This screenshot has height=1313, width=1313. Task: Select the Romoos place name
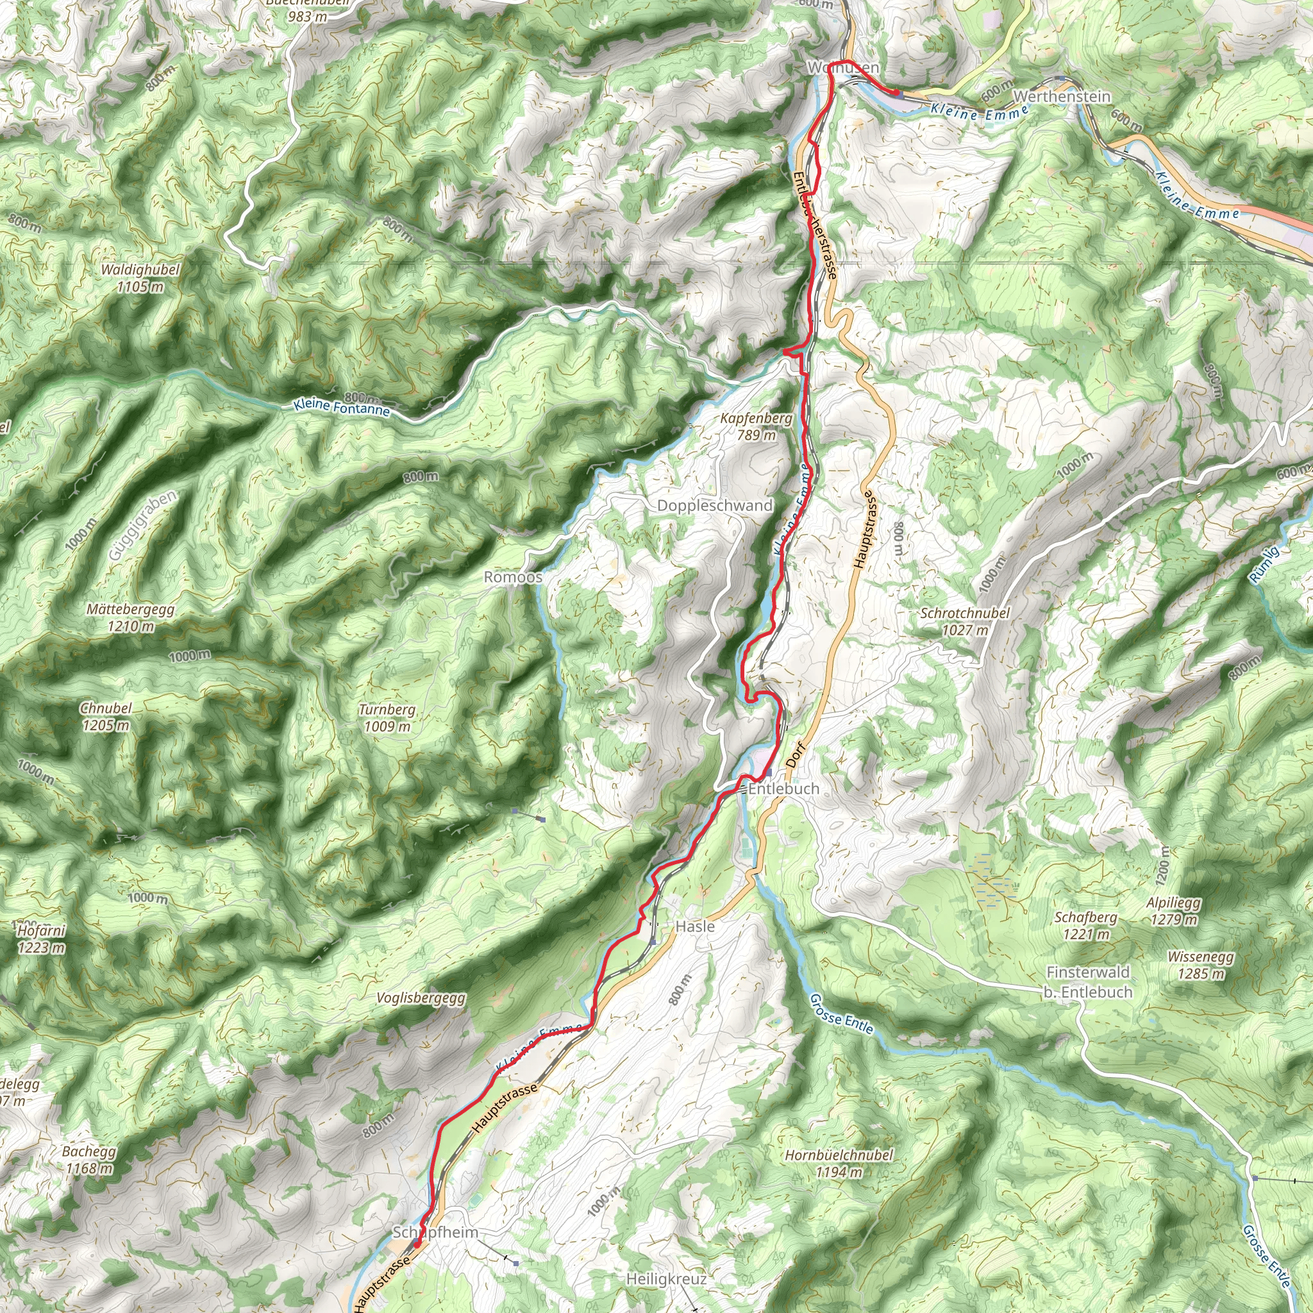[513, 577]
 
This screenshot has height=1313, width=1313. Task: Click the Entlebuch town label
[783, 789]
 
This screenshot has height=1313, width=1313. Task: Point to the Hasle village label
[694, 926]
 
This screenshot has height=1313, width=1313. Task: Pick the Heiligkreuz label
[666, 1279]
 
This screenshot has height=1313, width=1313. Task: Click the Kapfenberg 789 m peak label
[756, 427]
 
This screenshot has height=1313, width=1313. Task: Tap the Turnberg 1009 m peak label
[387, 717]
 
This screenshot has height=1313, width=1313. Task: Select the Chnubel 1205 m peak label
[106, 716]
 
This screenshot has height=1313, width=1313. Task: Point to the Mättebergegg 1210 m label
[131, 618]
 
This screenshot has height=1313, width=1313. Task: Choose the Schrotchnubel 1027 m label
[965, 621]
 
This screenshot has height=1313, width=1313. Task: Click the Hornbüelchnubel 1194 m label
[839, 1163]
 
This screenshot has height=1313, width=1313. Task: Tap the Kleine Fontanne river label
[342, 408]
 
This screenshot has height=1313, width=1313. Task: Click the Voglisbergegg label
[421, 998]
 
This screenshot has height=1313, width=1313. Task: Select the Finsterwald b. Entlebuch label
[1088, 982]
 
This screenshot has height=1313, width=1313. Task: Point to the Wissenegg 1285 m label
[1201, 965]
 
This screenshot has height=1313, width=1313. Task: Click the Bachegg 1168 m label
[89, 1160]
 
